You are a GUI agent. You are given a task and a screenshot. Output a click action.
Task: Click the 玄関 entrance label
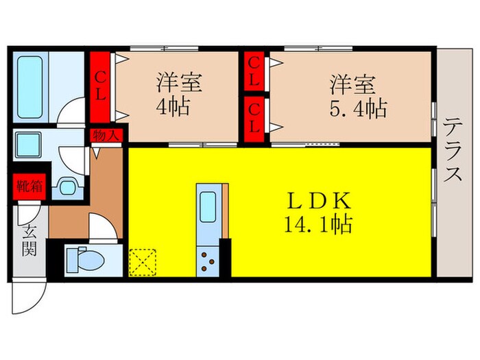point(29,240)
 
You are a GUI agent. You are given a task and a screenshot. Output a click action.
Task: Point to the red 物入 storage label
point(105,135)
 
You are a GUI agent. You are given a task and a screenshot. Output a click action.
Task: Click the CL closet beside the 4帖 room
point(101,88)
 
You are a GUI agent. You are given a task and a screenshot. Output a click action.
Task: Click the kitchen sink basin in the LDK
point(208,204)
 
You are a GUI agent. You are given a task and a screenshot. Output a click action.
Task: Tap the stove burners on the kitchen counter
point(208,259)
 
